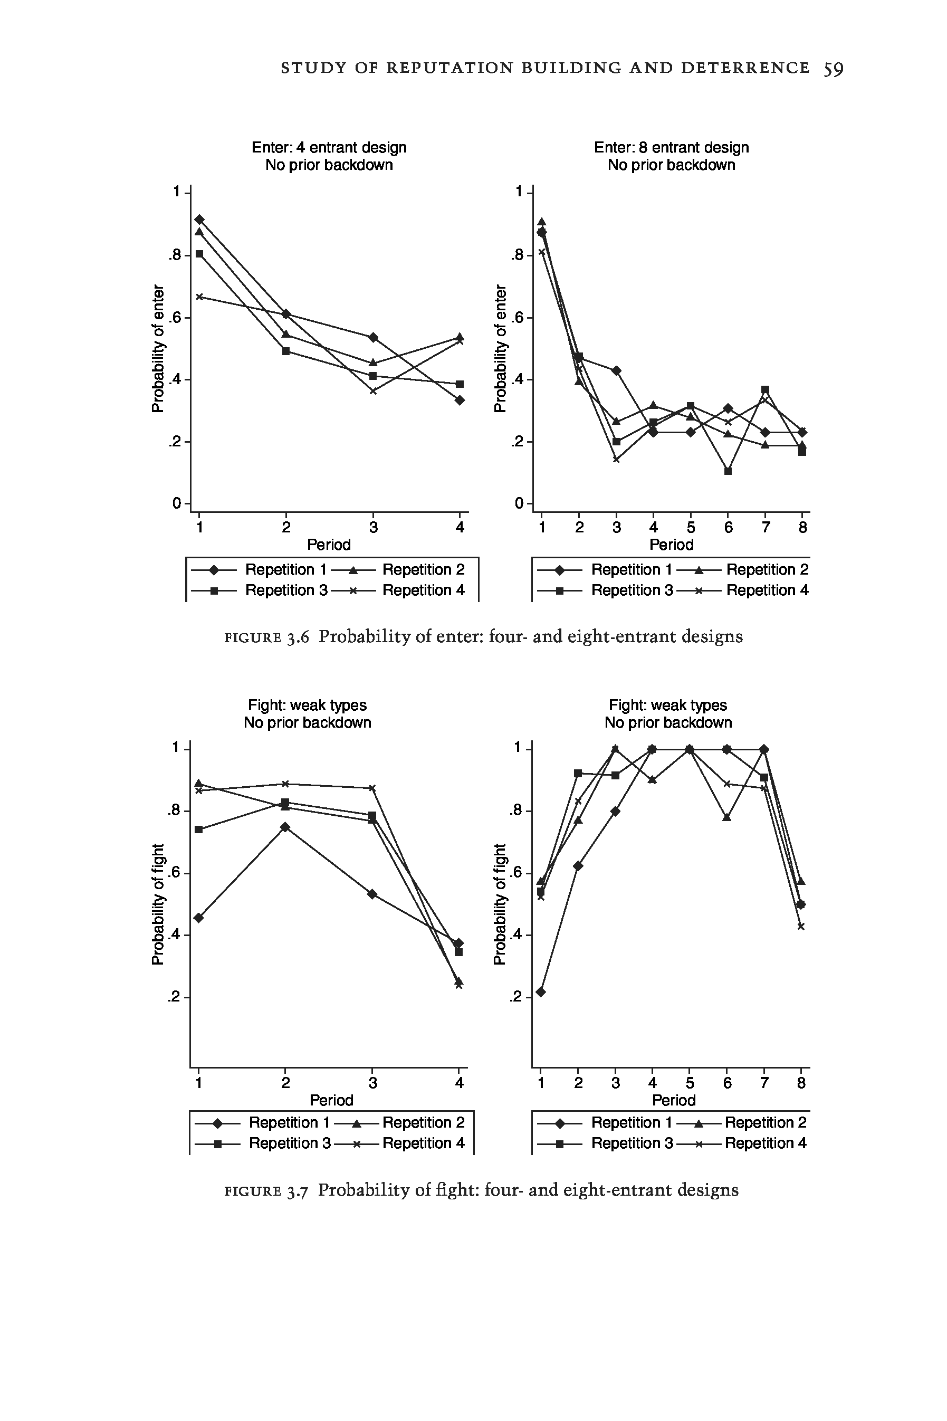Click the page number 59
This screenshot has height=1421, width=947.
coord(833,69)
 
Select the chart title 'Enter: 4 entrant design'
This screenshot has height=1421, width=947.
coord(329,147)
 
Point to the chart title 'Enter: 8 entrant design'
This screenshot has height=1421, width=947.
coord(671,147)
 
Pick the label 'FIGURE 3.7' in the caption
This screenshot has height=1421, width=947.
coord(266,1191)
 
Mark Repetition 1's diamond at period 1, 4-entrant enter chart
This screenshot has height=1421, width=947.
coord(199,219)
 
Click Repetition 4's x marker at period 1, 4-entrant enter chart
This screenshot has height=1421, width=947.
coord(199,297)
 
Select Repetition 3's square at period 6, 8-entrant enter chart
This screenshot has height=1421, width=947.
coord(728,471)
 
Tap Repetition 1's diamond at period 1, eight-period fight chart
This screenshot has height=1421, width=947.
coord(541,991)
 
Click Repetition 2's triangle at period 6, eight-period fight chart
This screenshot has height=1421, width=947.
coord(727,818)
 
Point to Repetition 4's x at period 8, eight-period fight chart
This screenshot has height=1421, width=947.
coord(801,927)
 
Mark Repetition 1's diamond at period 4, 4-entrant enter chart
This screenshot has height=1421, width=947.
coord(460,400)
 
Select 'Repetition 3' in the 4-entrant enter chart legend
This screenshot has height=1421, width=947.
coord(285,590)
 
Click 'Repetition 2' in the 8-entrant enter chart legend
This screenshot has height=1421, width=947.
coord(767,569)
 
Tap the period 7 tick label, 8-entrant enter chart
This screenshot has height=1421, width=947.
coord(765,528)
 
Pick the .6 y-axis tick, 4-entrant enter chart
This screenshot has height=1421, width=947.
coord(175,318)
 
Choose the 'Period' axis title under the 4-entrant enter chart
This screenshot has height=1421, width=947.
coord(329,545)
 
